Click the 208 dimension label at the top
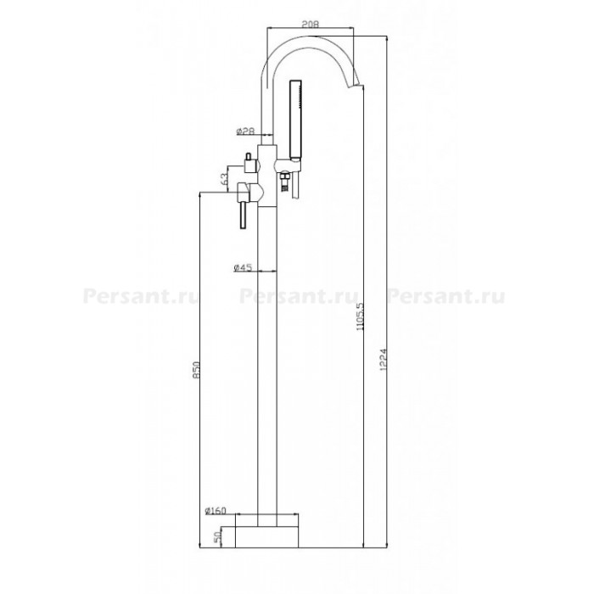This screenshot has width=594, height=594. [x=311, y=24]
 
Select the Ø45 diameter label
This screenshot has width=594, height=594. [x=243, y=267]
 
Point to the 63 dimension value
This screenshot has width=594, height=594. [x=224, y=178]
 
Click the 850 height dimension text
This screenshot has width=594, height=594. [x=196, y=370]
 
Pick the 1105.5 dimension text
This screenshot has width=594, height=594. [x=360, y=317]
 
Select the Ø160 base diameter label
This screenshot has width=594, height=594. [x=216, y=511]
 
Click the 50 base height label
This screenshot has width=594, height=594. [x=217, y=538]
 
